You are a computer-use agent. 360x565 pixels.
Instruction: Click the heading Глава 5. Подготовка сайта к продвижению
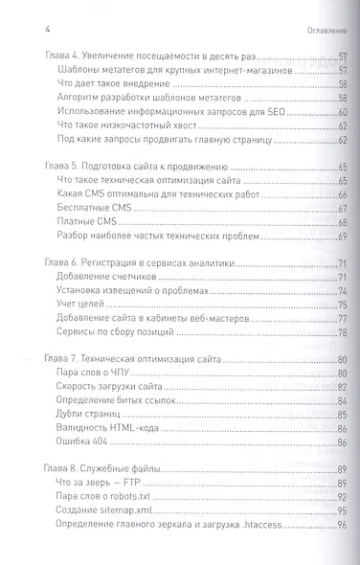click(133, 167)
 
